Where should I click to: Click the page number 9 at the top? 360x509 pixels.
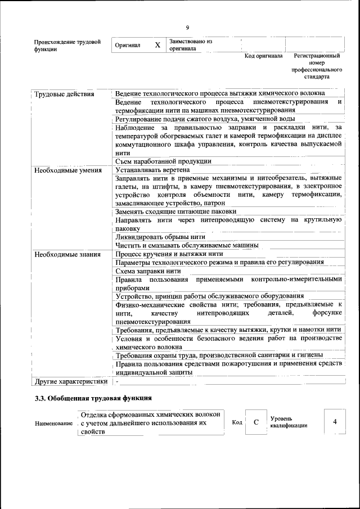pos(187,26)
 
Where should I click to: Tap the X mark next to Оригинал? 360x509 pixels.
pos(157,45)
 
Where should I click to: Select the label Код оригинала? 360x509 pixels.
pos(263,56)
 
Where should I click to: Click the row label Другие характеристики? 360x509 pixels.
pos(71,381)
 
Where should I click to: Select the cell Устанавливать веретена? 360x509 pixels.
pos(152,169)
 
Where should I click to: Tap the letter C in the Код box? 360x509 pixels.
pos(256,422)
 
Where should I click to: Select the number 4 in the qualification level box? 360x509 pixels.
pos(335,422)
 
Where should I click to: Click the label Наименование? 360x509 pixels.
pos(53,423)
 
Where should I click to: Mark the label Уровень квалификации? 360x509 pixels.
pos(289,422)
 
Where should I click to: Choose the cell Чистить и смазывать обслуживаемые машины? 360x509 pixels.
pos(187,245)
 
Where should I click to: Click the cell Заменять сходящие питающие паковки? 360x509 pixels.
pos(175,211)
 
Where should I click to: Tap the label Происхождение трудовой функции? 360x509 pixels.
pos(67,46)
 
